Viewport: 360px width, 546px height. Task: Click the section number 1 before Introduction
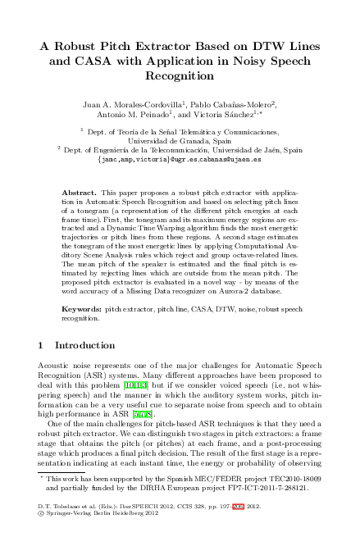point(43,345)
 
